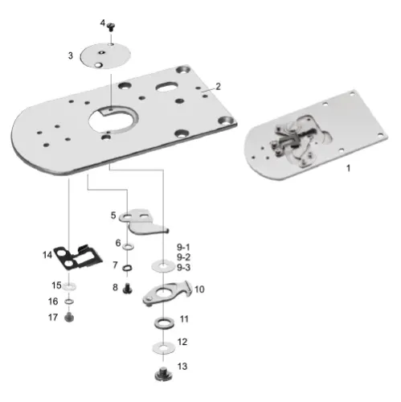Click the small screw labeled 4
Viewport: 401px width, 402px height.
(112, 27)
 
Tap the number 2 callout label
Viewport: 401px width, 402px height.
(217, 85)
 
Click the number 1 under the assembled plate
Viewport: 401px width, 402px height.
(347, 170)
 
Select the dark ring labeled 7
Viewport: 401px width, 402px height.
(128, 266)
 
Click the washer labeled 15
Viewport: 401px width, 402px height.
(70, 285)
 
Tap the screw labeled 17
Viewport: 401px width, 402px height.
(70, 318)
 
